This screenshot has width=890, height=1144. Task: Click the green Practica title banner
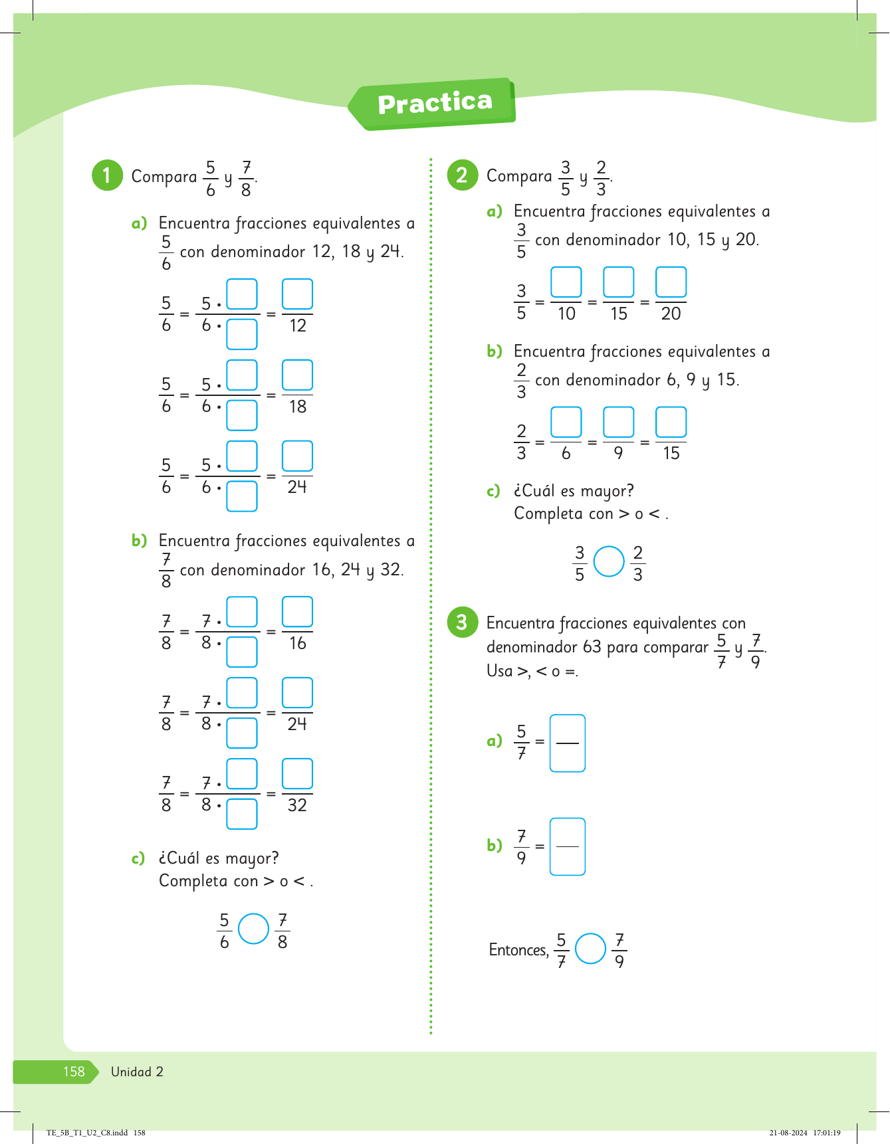[433, 103]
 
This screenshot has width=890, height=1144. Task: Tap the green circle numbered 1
[107, 175]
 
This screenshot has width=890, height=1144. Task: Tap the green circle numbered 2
[462, 175]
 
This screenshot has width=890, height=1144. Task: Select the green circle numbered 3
[462, 622]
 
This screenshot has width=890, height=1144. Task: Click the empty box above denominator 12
[297, 294]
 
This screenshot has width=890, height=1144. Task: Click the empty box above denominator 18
[297, 375]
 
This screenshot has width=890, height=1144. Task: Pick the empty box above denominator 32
[297, 774]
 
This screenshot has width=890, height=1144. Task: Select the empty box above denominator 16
[297, 612]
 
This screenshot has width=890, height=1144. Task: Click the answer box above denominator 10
[566, 282]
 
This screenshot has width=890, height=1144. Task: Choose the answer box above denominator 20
[671, 282]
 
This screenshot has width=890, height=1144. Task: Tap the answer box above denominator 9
[618, 423]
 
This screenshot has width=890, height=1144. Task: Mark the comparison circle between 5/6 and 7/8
[253, 929]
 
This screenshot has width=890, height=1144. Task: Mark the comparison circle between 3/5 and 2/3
[609, 562]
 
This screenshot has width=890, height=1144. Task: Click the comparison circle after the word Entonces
[590, 949]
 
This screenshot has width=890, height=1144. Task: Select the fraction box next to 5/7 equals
[568, 743]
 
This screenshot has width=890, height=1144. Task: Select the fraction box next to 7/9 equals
[568, 846]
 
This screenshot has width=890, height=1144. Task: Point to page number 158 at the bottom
[74, 1072]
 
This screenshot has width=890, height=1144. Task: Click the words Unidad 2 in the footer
[137, 1072]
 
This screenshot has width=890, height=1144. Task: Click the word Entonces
[518, 950]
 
